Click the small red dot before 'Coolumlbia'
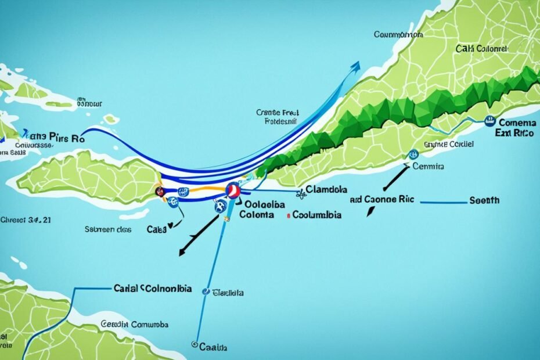tap(289, 215)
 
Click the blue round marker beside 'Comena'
tap(489, 121)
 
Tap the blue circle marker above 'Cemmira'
tap(413, 154)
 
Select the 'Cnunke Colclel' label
tap(448, 143)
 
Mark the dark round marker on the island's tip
tap(159, 191)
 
